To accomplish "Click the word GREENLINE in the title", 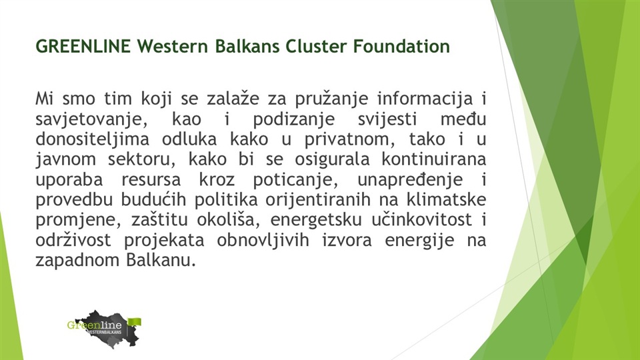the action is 83,46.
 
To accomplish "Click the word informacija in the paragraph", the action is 425,99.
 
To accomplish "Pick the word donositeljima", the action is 92,139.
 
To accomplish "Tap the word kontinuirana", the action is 434,159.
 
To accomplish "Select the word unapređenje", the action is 410,179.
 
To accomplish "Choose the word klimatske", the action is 446,199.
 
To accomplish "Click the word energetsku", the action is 316,219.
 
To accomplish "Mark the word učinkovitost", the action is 421,219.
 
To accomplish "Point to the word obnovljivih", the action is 263,239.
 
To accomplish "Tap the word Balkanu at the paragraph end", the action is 161,259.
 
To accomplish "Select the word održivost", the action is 73,239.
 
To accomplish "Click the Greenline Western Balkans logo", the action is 105,329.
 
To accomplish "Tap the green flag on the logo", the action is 135,321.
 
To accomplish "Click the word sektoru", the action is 141,159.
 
